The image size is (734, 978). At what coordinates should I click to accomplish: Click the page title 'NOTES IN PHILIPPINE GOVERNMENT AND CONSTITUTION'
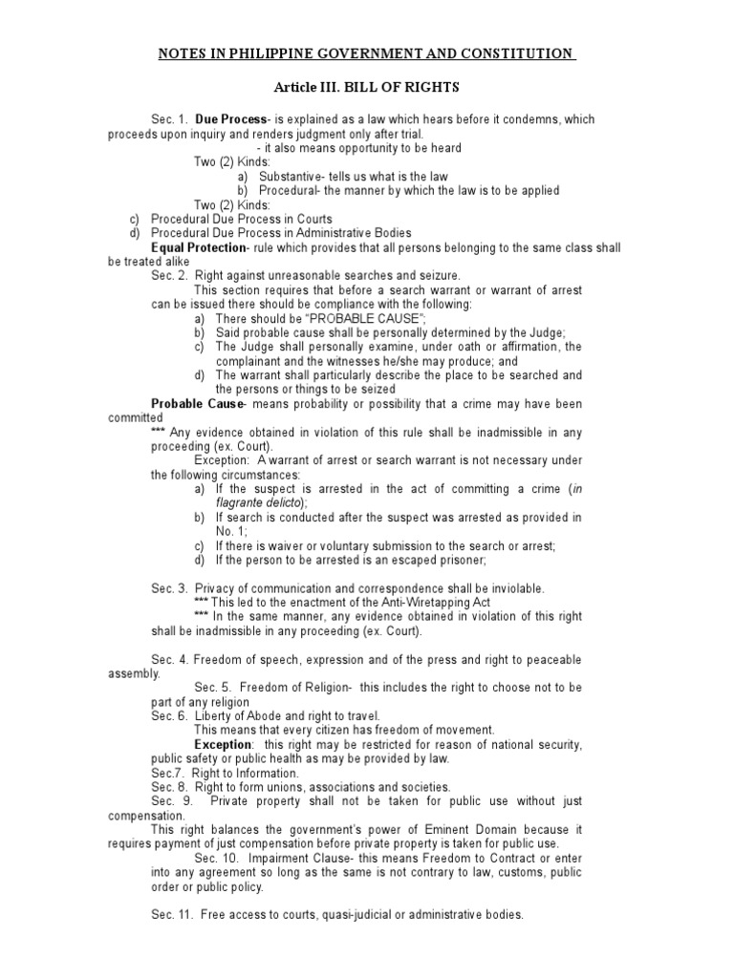(367, 53)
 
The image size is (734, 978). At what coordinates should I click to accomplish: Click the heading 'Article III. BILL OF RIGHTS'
(367, 88)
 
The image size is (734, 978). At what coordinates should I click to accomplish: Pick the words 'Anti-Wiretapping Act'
(441, 604)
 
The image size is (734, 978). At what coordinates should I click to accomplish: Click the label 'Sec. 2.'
(169, 275)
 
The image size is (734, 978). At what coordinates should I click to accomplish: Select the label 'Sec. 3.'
(169, 588)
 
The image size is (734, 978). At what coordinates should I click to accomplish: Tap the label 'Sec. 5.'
(213, 688)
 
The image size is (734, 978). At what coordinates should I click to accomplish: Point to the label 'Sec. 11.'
(172, 915)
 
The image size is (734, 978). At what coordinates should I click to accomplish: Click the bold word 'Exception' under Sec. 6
(224, 744)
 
